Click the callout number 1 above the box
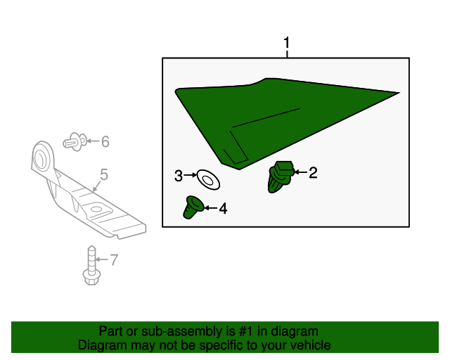(x=286, y=43)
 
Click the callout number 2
(x=313, y=173)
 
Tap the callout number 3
(x=179, y=176)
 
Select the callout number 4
(x=223, y=208)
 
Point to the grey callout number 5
(x=104, y=174)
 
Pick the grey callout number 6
(x=105, y=142)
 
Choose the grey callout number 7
(x=114, y=260)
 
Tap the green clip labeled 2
(x=281, y=176)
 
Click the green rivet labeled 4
(x=193, y=207)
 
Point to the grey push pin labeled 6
(x=75, y=142)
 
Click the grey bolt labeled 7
(x=91, y=265)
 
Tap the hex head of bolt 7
(x=91, y=277)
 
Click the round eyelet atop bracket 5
(x=42, y=157)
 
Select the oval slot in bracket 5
(x=97, y=209)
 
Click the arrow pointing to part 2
(x=300, y=172)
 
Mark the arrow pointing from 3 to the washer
(x=191, y=175)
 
